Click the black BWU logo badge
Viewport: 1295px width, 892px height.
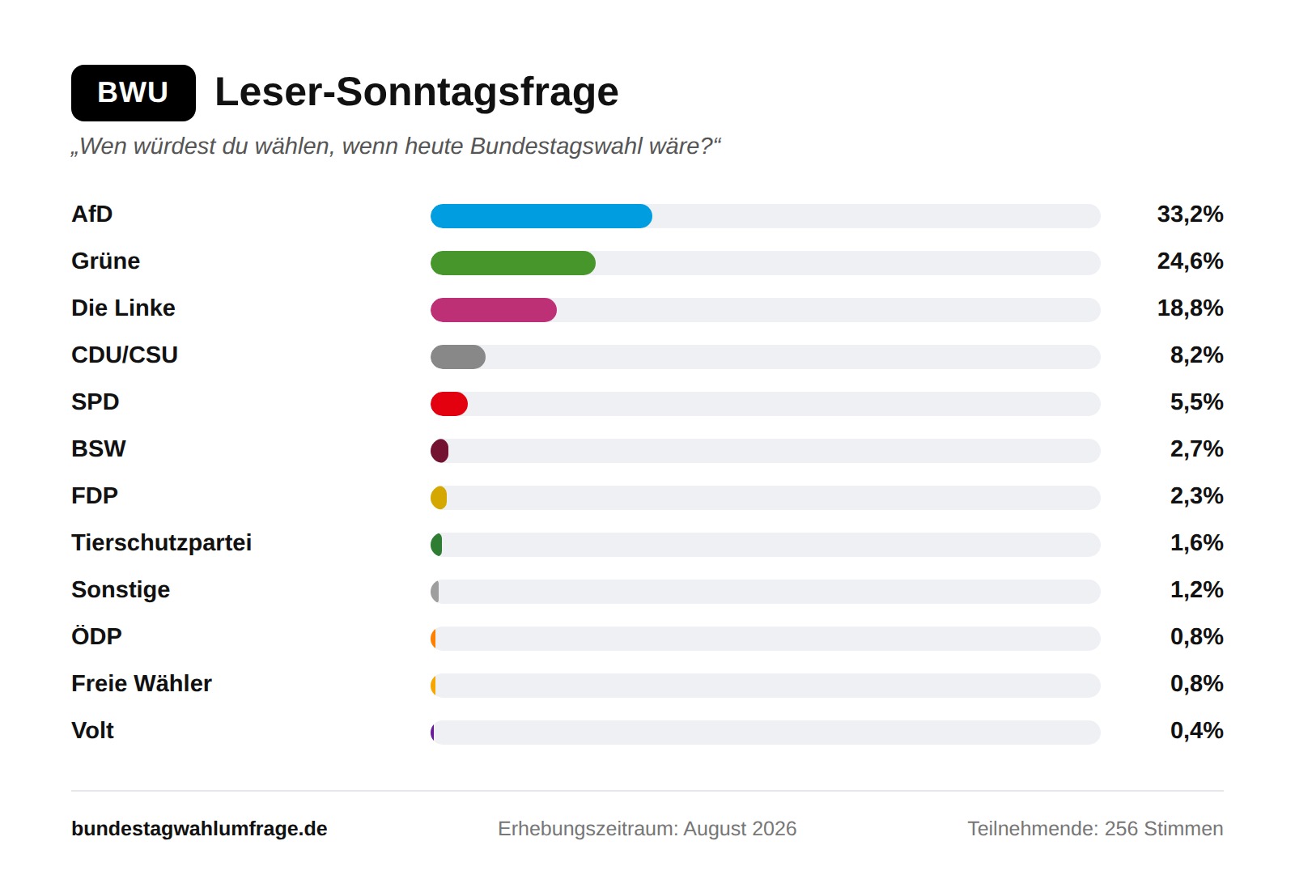tap(134, 93)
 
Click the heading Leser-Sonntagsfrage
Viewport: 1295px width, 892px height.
tap(416, 92)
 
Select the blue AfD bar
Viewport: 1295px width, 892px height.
tap(541, 216)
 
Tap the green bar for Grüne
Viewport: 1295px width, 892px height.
tap(513, 263)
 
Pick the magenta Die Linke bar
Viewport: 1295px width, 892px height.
tap(494, 310)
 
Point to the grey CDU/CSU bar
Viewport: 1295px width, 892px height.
tap(458, 357)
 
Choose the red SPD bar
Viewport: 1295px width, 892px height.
tap(449, 404)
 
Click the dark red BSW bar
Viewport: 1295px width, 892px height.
tap(439, 450)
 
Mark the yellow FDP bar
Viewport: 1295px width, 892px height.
tap(439, 498)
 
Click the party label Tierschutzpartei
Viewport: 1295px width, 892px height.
tap(161, 543)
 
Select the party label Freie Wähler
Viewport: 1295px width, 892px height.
tap(142, 683)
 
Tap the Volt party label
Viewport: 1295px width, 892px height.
tap(92, 730)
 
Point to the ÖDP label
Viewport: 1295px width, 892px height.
tap(96, 636)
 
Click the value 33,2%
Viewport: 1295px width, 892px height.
tap(1190, 215)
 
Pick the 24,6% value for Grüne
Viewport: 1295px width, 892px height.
tap(1190, 261)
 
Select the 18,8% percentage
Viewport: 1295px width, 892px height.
tap(1190, 308)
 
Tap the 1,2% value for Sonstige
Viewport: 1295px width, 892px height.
tap(1197, 589)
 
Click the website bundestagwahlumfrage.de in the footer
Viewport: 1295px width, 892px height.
tap(199, 828)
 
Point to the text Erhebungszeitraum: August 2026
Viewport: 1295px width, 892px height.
tap(647, 828)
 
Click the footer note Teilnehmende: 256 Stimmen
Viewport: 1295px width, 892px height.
tap(1096, 828)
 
